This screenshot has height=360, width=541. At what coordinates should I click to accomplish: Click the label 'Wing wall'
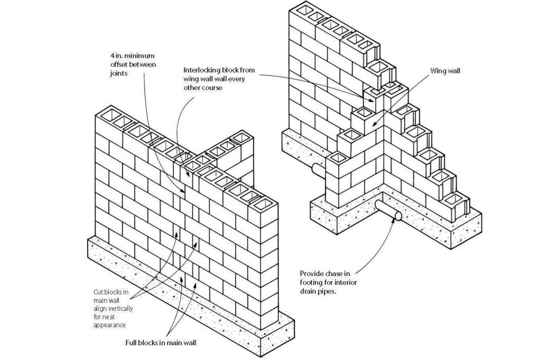click(446, 70)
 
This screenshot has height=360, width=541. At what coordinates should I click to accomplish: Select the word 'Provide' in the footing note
click(311, 273)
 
